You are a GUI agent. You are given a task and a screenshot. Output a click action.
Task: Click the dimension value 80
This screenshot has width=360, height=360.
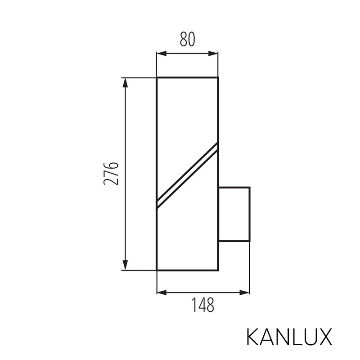click(x=187, y=40)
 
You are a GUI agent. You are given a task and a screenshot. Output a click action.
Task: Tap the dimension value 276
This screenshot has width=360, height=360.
click(x=111, y=173)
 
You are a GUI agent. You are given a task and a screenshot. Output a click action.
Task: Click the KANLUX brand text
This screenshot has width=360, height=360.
click(x=289, y=337)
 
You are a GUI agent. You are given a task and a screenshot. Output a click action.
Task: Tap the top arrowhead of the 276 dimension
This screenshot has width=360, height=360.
click(x=126, y=81)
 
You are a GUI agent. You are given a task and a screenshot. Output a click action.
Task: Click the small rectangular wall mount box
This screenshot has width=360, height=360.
click(x=234, y=214)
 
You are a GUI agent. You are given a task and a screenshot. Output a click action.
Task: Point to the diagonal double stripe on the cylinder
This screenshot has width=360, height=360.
click(x=187, y=175)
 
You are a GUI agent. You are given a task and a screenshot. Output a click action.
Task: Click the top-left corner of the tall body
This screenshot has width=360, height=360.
click(x=157, y=78)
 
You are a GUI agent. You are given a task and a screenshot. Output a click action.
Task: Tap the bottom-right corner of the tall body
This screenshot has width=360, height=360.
click(x=218, y=270)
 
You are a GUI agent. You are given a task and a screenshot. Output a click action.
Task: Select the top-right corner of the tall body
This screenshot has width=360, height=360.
click(x=218, y=78)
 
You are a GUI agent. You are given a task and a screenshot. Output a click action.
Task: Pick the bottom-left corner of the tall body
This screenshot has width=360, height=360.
click(x=157, y=270)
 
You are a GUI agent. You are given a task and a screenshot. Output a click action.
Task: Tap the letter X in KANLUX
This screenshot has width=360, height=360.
click(x=325, y=337)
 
